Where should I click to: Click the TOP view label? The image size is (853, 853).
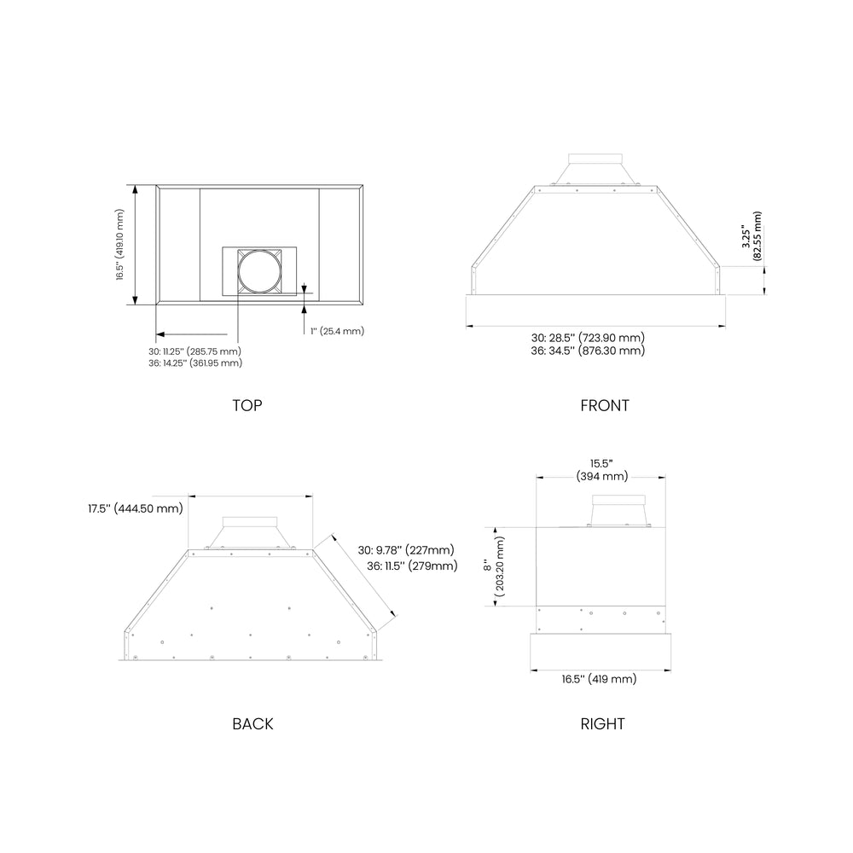click(247, 405)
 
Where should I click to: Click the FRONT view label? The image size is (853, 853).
click(605, 405)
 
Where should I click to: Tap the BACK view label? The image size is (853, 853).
click(252, 723)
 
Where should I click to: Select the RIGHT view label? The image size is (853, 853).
click(602, 723)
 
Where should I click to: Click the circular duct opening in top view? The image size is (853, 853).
click(260, 271)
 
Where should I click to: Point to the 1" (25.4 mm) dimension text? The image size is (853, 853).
click(337, 331)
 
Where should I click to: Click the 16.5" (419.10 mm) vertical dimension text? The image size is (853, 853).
click(119, 244)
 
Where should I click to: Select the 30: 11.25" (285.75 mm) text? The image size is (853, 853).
click(194, 351)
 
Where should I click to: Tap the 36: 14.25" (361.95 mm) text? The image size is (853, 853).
click(195, 363)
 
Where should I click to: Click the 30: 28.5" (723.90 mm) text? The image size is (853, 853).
click(588, 338)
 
